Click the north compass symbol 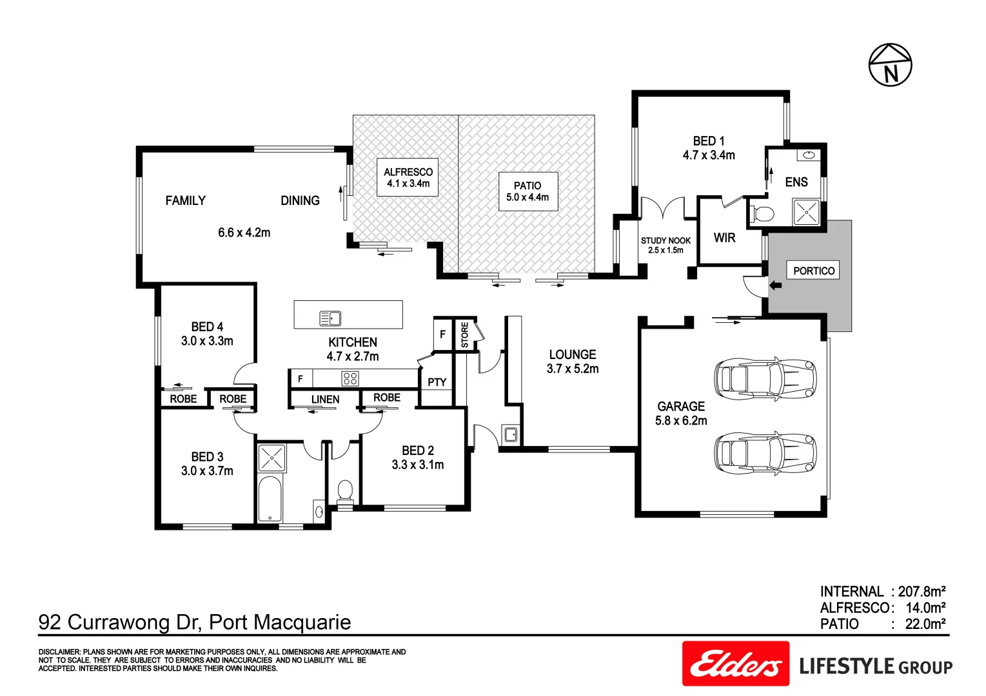[x=890, y=65]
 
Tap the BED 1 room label [x=709, y=141]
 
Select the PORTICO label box [x=813, y=271]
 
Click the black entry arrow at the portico [x=775, y=285]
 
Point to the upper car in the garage [x=765, y=378]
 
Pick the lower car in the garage [x=765, y=452]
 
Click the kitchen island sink [x=330, y=318]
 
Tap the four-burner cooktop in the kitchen [x=350, y=378]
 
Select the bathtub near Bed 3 [x=270, y=499]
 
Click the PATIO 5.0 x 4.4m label [x=528, y=191]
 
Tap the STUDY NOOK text [x=666, y=240]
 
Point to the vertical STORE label [x=465, y=335]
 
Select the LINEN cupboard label [x=325, y=400]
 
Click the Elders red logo [x=736, y=664]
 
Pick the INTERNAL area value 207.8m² [x=922, y=592]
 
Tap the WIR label [x=724, y=238]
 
